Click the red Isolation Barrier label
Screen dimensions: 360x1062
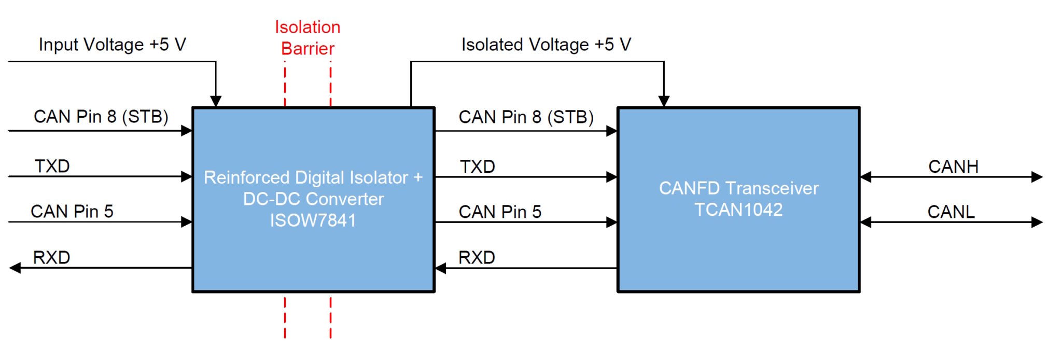pos(308,38)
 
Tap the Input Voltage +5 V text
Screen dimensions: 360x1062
pos(112,45)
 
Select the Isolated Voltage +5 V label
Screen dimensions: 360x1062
pos(546,45)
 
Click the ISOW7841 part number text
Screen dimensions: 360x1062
pos(313,220)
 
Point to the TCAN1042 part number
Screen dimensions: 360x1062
pos(738,210)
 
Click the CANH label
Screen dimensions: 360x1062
pos(953,167)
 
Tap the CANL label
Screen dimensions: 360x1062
pos(951,212)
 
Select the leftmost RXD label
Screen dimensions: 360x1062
pos(51,257)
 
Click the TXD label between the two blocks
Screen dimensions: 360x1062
pos(477,167)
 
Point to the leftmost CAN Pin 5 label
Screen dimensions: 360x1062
pos(72,212)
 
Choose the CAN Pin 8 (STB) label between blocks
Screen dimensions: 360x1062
pos(526,117)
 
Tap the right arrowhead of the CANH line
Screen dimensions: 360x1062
pos(1037,177)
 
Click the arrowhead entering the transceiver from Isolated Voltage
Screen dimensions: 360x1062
pos(664,101)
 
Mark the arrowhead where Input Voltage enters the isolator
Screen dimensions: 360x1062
pos(216,101)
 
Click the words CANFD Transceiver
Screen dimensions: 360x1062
pos(738,188)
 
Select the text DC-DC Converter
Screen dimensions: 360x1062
pos(313,199)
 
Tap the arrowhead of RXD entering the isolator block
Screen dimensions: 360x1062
pos(441,268)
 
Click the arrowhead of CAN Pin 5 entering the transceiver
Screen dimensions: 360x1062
pos(611,222)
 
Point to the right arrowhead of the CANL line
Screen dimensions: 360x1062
pos(1037,222)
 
